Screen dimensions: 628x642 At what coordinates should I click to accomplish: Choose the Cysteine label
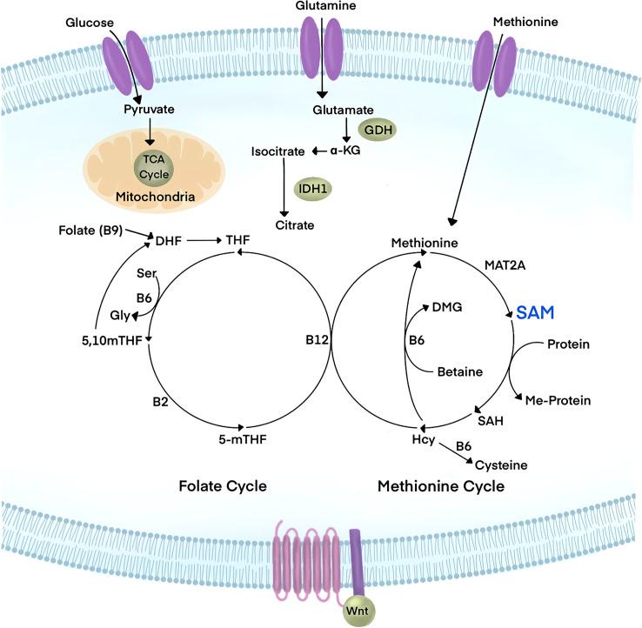[503, 465]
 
